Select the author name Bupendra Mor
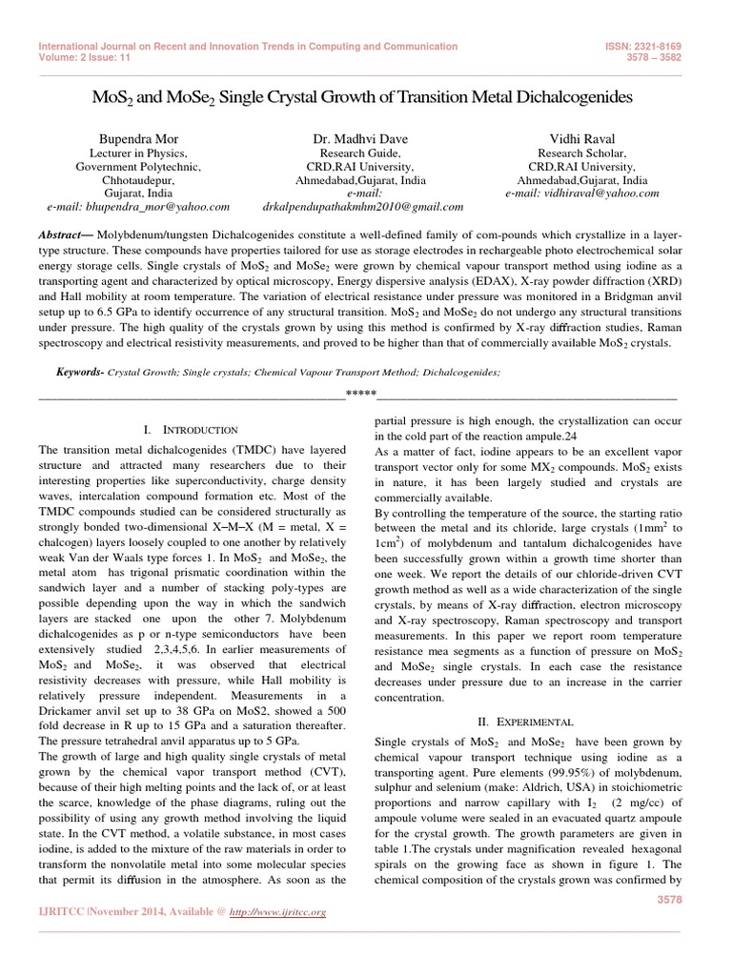point(138,139)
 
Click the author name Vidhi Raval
point(581,139)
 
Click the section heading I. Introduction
point(190,431)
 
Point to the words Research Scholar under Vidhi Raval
point(581,152)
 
